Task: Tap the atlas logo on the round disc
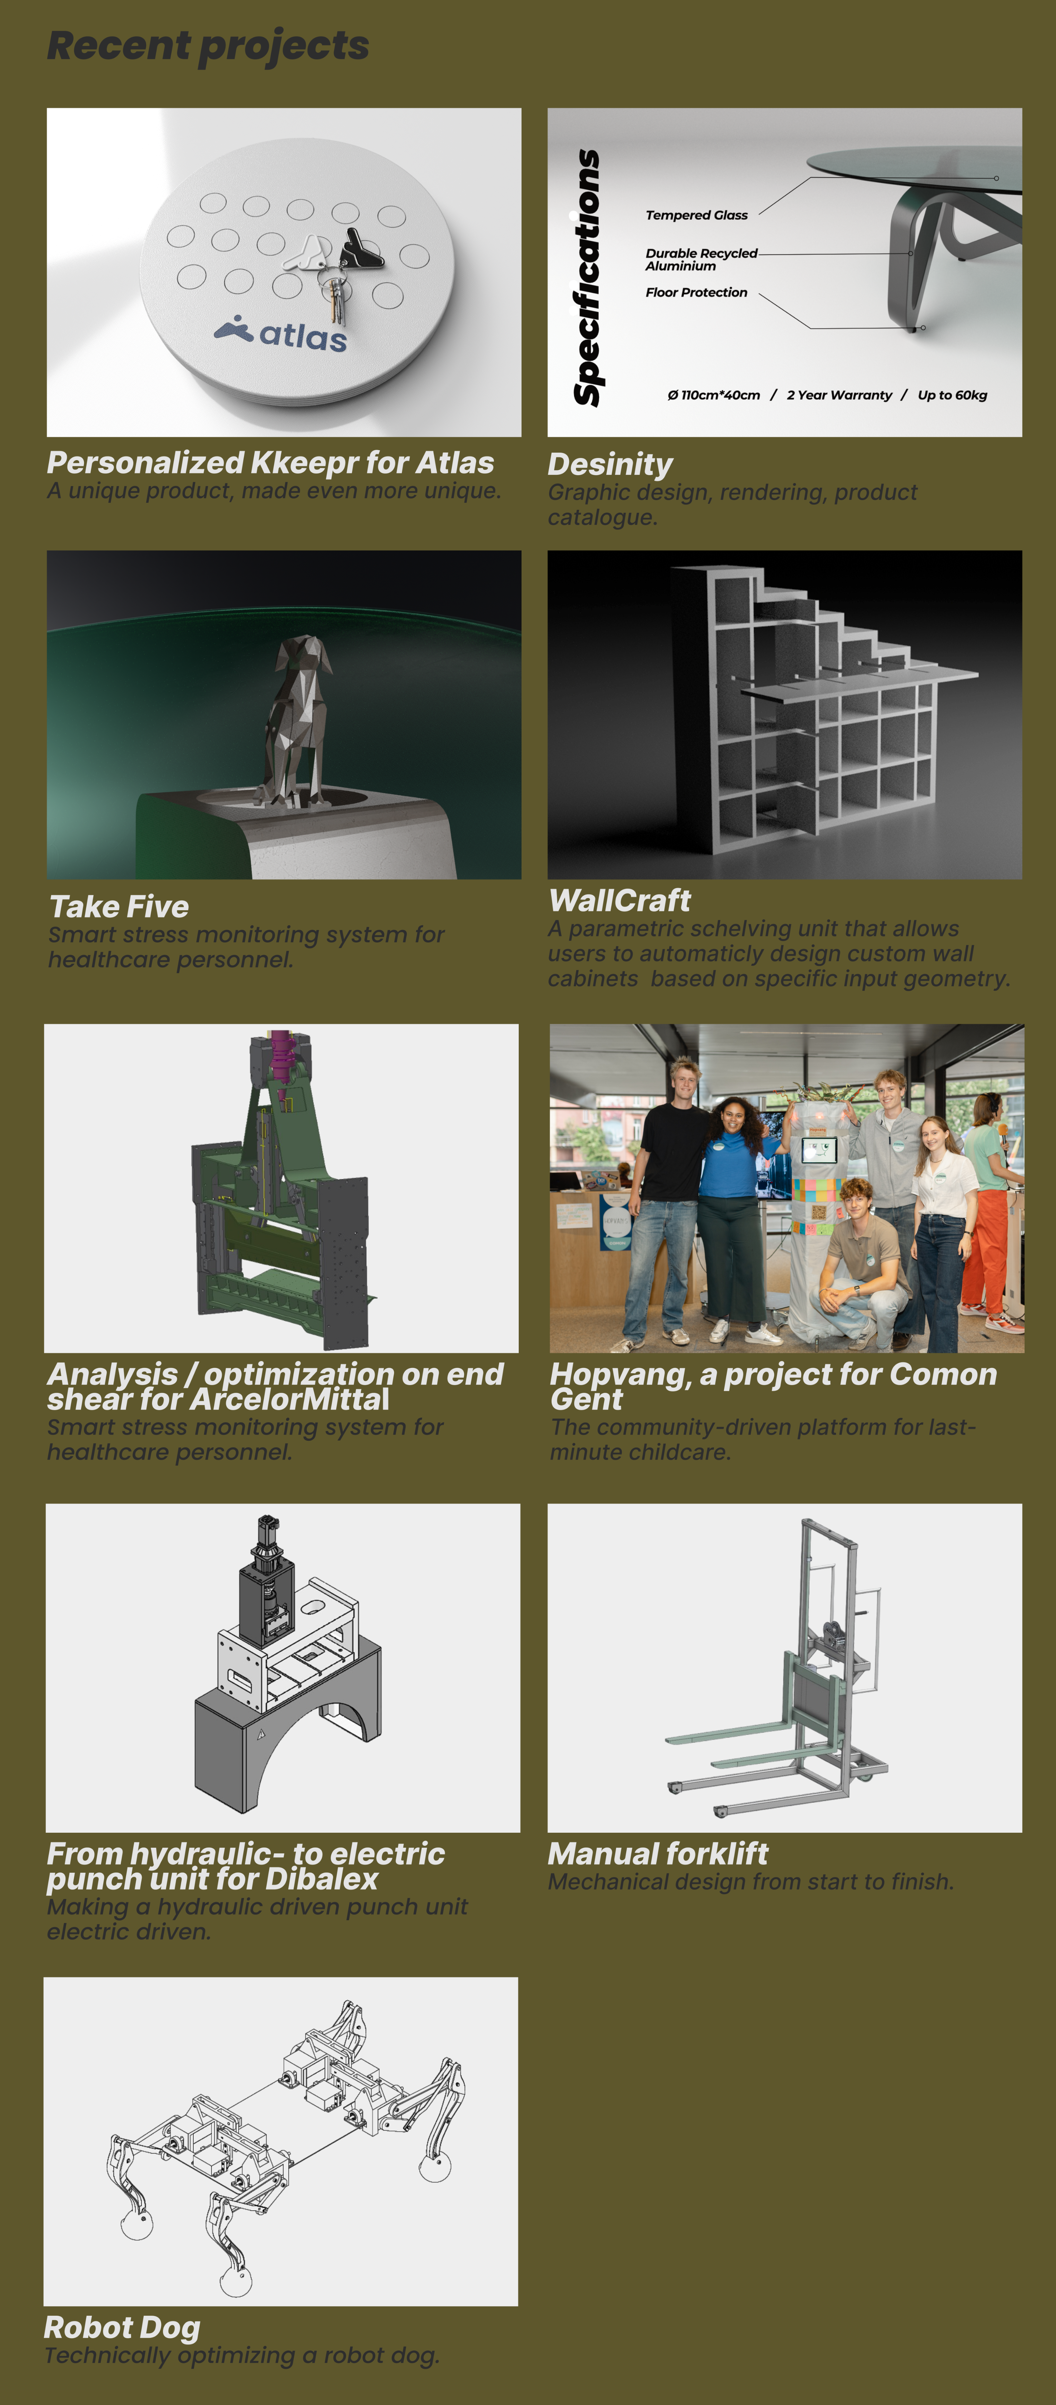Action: point(280,333)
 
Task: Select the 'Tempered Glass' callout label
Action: point(697,215)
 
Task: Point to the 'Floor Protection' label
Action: point(697,292)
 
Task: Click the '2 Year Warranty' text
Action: point(840,395)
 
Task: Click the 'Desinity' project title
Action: point(611,464)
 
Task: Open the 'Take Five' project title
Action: point(120,907)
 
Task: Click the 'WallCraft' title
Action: point(620,900)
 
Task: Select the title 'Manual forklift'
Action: point(658,1853)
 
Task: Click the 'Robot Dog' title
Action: point(122,2327)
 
